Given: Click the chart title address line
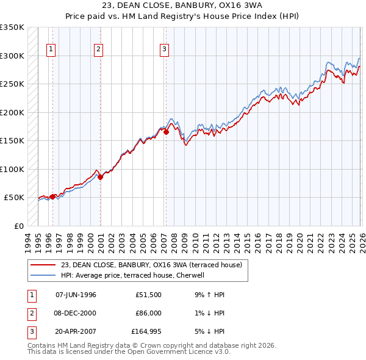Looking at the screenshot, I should pyautogui.click(x=182, y=5).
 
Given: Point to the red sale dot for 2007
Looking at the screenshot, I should pyautogui.click(x=166, y=132).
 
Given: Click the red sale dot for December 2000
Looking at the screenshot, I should pyautogui.click(x=101, y=177).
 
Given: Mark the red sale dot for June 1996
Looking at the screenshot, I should pyautogui.click(x=53, y=196).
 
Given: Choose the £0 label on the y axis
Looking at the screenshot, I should pyautogui.click(x=18, y=226).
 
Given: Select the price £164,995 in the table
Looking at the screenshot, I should pyautogui.click(x=146, y=331).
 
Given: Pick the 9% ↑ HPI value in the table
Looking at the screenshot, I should pyautogui.click(x=210, y=295).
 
